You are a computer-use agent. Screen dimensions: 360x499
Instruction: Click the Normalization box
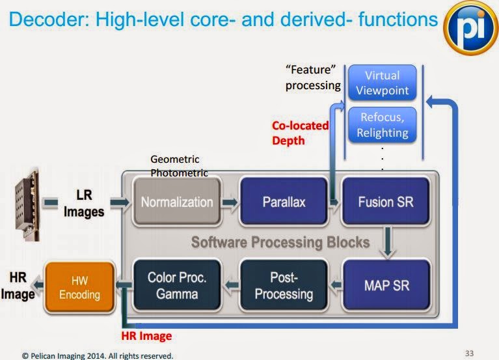point(177,202)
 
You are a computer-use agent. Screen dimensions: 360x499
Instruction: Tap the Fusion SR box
point(385,202)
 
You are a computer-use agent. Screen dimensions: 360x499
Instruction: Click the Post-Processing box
point(283,286)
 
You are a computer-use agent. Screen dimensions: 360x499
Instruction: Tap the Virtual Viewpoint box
point(382,83)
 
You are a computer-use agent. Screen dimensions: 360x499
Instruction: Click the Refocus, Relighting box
point(382,125)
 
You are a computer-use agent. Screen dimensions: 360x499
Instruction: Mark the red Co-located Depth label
point(300,132)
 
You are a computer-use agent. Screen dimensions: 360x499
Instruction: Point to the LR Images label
point(83,202)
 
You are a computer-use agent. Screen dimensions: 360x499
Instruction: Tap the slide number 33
point(470,353)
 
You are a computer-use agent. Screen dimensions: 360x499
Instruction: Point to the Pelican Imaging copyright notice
point(98,355)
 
